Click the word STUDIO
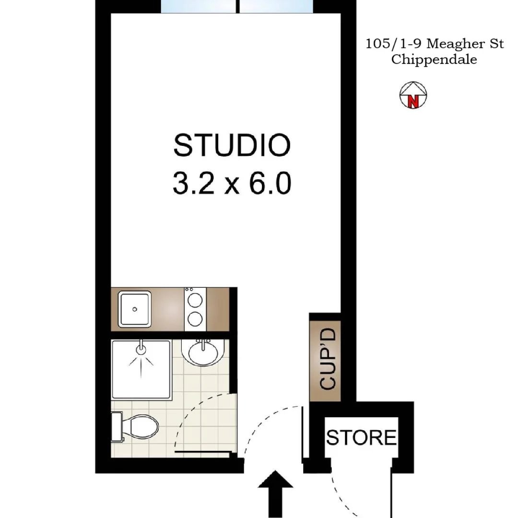coord(232,145)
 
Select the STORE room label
coord(362,437)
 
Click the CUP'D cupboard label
coord(328,359)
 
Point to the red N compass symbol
coord(413,101)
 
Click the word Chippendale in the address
coord(434,59)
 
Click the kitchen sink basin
coord(135,309)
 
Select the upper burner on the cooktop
coord(195,300)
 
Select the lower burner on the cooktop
coord(195,319)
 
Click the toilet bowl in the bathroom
coord(141,426)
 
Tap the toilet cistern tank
coord(117,426)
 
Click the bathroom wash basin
coord(203,353)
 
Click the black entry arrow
coord(275,494)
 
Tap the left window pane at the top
coord(199,6)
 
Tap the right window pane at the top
coord(276,6)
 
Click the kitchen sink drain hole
coord(134,309)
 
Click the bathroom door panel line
coord(203,452)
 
